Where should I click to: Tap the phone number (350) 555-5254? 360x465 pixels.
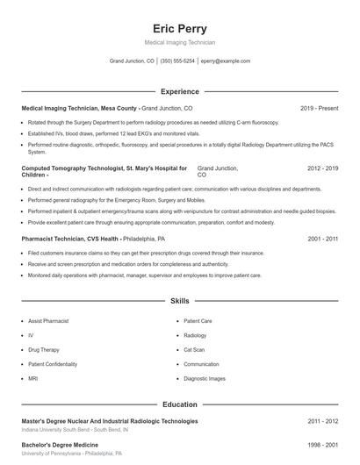coord(177,61)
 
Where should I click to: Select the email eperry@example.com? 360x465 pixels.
coord(226,61)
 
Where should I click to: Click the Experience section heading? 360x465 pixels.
coord(179,91)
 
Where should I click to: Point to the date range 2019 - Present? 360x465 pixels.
coord(319,108)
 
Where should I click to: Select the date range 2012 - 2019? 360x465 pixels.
coord(322,167)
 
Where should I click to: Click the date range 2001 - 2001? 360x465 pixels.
coord(322,238)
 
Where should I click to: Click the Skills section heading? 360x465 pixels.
coord(179,300)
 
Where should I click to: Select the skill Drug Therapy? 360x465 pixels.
coord(43,349)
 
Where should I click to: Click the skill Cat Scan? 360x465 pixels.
coord(195,349)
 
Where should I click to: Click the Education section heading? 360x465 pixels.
coord(179,404)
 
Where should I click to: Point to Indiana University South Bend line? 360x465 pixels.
coord(75,431)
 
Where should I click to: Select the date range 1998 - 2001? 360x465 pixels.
coord(322,446)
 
